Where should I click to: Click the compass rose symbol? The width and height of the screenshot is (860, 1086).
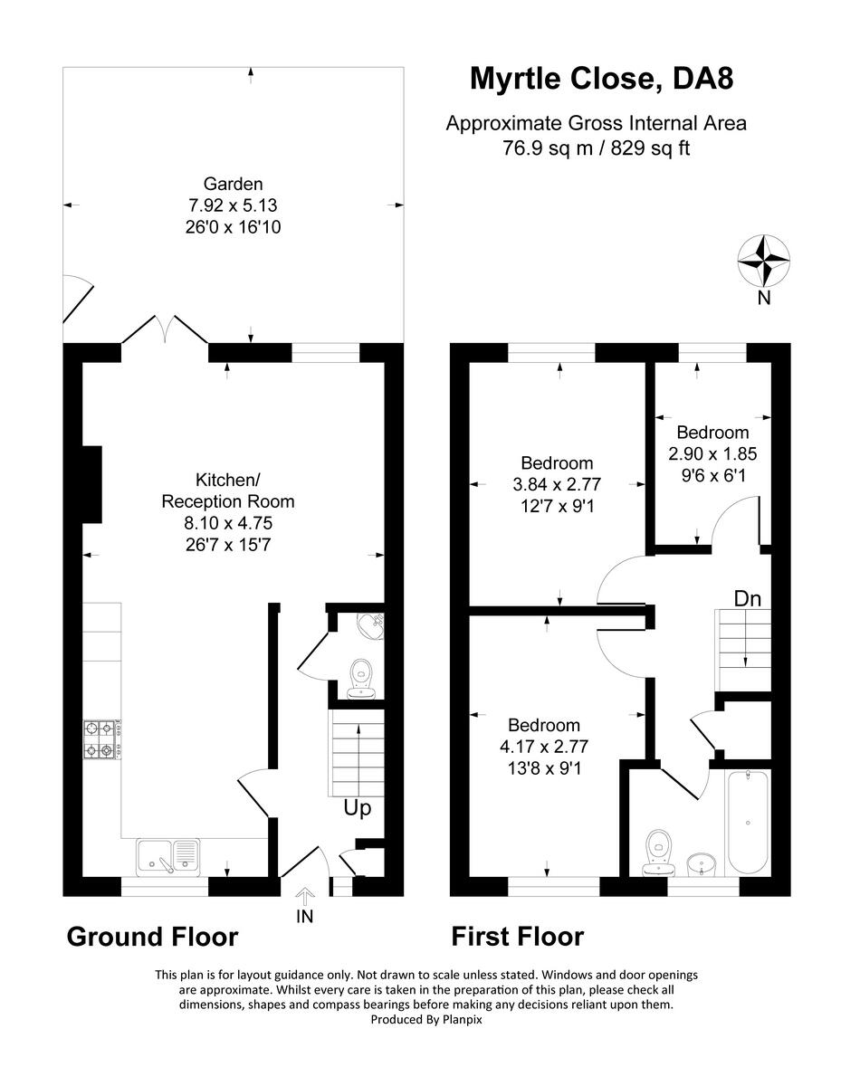pyautogui.click(x=763, y=261)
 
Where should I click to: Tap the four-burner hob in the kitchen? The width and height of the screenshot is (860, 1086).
pyautogui.click(x=102, y=739)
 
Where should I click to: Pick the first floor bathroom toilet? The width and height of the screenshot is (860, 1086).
pyautogui.click(x=659, y=853)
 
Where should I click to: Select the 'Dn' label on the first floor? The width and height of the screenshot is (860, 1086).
pyautogui.click(x=748, y=599)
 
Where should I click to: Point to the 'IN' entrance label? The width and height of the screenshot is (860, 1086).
pyautogui.click(x=304, y=916)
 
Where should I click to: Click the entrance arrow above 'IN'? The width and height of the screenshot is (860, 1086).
pyautogui.click(x=304, y=897)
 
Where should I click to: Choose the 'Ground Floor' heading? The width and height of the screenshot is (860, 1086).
pyautogui.click(x=152, y=938)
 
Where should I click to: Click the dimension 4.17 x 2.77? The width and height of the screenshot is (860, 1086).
pyautogui.click(x=544, y=747)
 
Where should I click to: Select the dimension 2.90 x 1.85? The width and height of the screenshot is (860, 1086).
pyautogui.click(x=712, y=454)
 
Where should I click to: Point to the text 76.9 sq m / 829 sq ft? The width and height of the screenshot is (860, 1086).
pyautogui.click(x=596, y=148)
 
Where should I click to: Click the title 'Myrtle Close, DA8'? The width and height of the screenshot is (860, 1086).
pyautogui.click(x=601, y=80)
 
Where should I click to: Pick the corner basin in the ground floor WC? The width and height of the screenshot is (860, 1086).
pyautogui.click(x=371, y=625)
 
